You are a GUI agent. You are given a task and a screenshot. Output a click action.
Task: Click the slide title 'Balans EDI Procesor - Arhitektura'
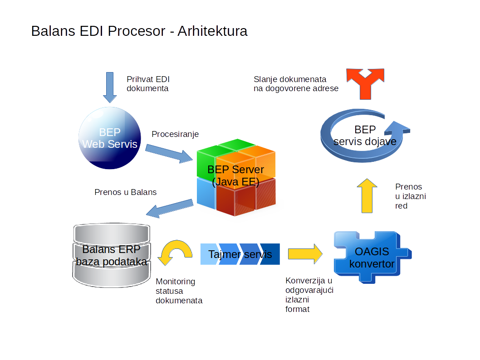click(139, 31)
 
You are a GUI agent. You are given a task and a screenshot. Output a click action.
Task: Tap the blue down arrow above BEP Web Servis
click(110, 87)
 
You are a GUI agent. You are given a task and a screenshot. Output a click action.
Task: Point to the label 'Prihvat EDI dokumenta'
click(148, 83)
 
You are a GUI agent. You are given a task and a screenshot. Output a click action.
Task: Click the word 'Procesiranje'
click(175, 134)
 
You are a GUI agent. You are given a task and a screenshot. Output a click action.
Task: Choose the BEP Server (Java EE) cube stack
click(236, 177)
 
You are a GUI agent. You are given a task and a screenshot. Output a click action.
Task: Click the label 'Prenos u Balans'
click(126, 192)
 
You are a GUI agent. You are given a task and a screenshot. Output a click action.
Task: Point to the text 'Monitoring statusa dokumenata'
click(179, 291)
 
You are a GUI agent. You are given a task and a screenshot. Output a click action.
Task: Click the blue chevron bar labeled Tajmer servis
click(240, 254)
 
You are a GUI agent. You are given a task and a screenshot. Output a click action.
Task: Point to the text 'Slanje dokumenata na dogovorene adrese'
click(296, 84)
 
